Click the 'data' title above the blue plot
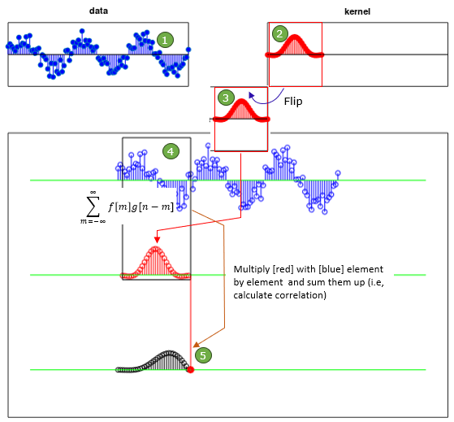pos(98,11)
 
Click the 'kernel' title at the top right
pos(357,11)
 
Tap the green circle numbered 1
pos(165,40)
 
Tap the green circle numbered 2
pos(279,34)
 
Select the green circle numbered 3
pos(226,98)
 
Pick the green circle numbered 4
pos(171,151)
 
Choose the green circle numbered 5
pos(203,355)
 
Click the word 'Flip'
pos(293,102)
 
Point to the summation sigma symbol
pos(93,207)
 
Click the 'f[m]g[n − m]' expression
pos(141,207)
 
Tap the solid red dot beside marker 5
pos(190,369)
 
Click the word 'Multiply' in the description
pos(252,270)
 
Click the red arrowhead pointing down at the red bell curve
pos(157,239)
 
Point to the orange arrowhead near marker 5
pos(197,344)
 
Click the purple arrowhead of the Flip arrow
pos(251,95)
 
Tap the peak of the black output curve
pos(170,352)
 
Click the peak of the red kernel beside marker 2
pos(295,37)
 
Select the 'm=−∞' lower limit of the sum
pos(93,222)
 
